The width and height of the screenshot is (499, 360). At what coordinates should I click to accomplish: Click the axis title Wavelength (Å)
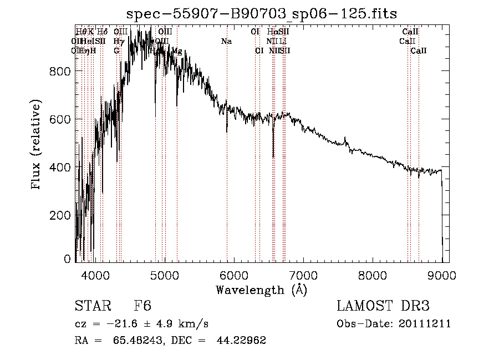tap(261, 290)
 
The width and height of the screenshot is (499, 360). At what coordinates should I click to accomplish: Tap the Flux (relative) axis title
tap(37, 145)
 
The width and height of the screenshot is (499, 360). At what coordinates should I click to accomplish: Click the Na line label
tap(226, 42)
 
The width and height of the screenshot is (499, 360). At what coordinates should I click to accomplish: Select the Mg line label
tap(176, 51)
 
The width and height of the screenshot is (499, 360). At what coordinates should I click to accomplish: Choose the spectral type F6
tap(142, 306)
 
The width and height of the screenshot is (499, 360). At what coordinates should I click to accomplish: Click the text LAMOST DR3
tap(383, 306)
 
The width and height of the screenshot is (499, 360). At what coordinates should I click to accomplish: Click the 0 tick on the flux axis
tap(68, 259)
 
